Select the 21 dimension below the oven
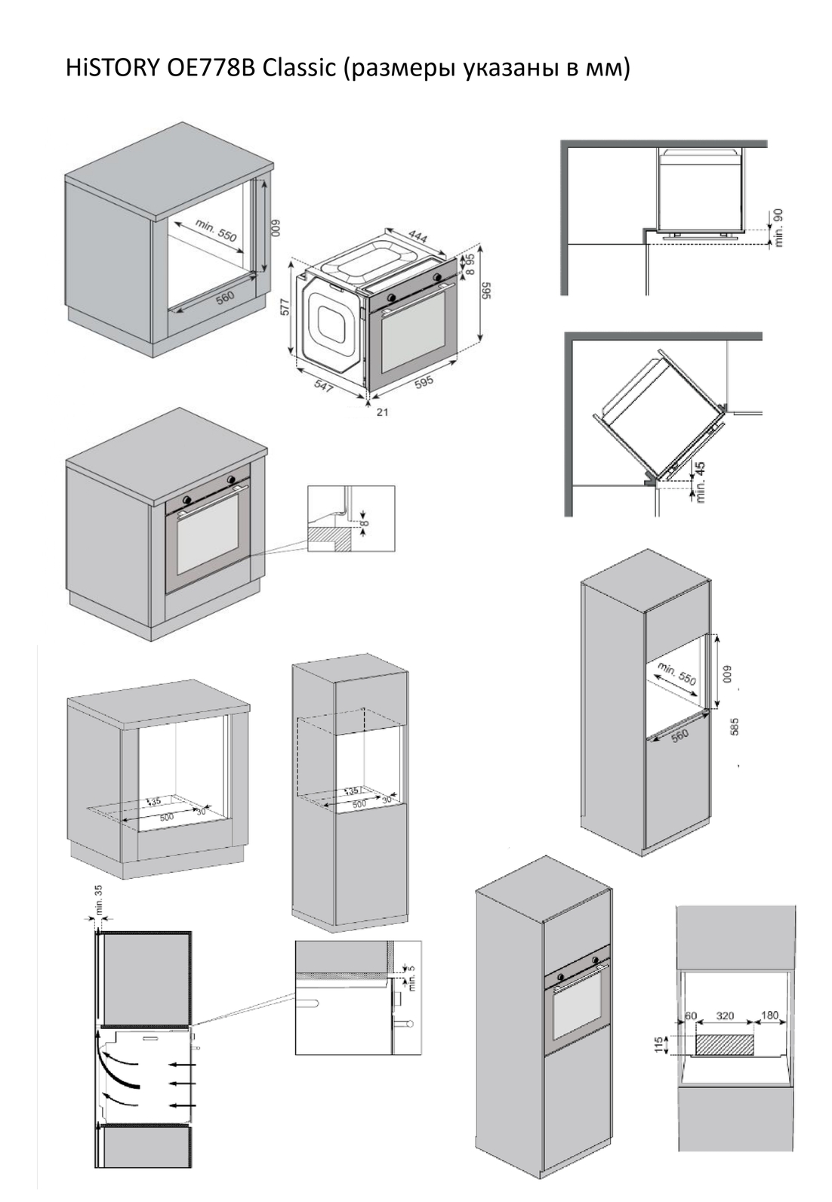[x=382, y=412]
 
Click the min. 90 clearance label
[x=779, y=227]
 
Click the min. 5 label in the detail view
[x=411, y=980]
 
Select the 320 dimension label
[x=725, y=1016]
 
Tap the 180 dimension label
[x=769, y=1016]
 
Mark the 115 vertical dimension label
[x=659, y=1045]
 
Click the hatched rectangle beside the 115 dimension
[x=725, y=1045]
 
